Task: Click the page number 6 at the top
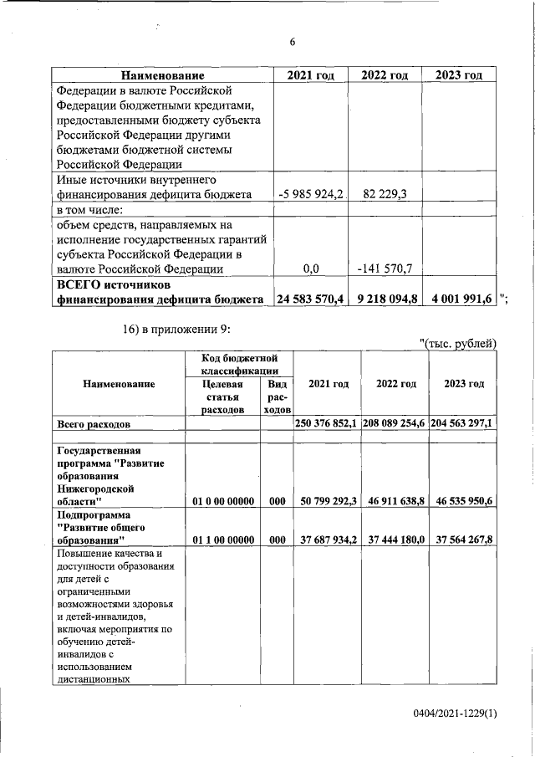click(292, 43)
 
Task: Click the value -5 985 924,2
click(311, 195)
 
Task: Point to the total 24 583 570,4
click(310, 299)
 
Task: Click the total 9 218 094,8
click(385, 299)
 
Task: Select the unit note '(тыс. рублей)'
click(459, 343)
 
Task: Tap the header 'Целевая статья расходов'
click(222, 396)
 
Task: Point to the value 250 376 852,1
click(327, 424)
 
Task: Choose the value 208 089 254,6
click(394, 424)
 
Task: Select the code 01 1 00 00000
click(222, 540)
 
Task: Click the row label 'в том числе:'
click(89, 210)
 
